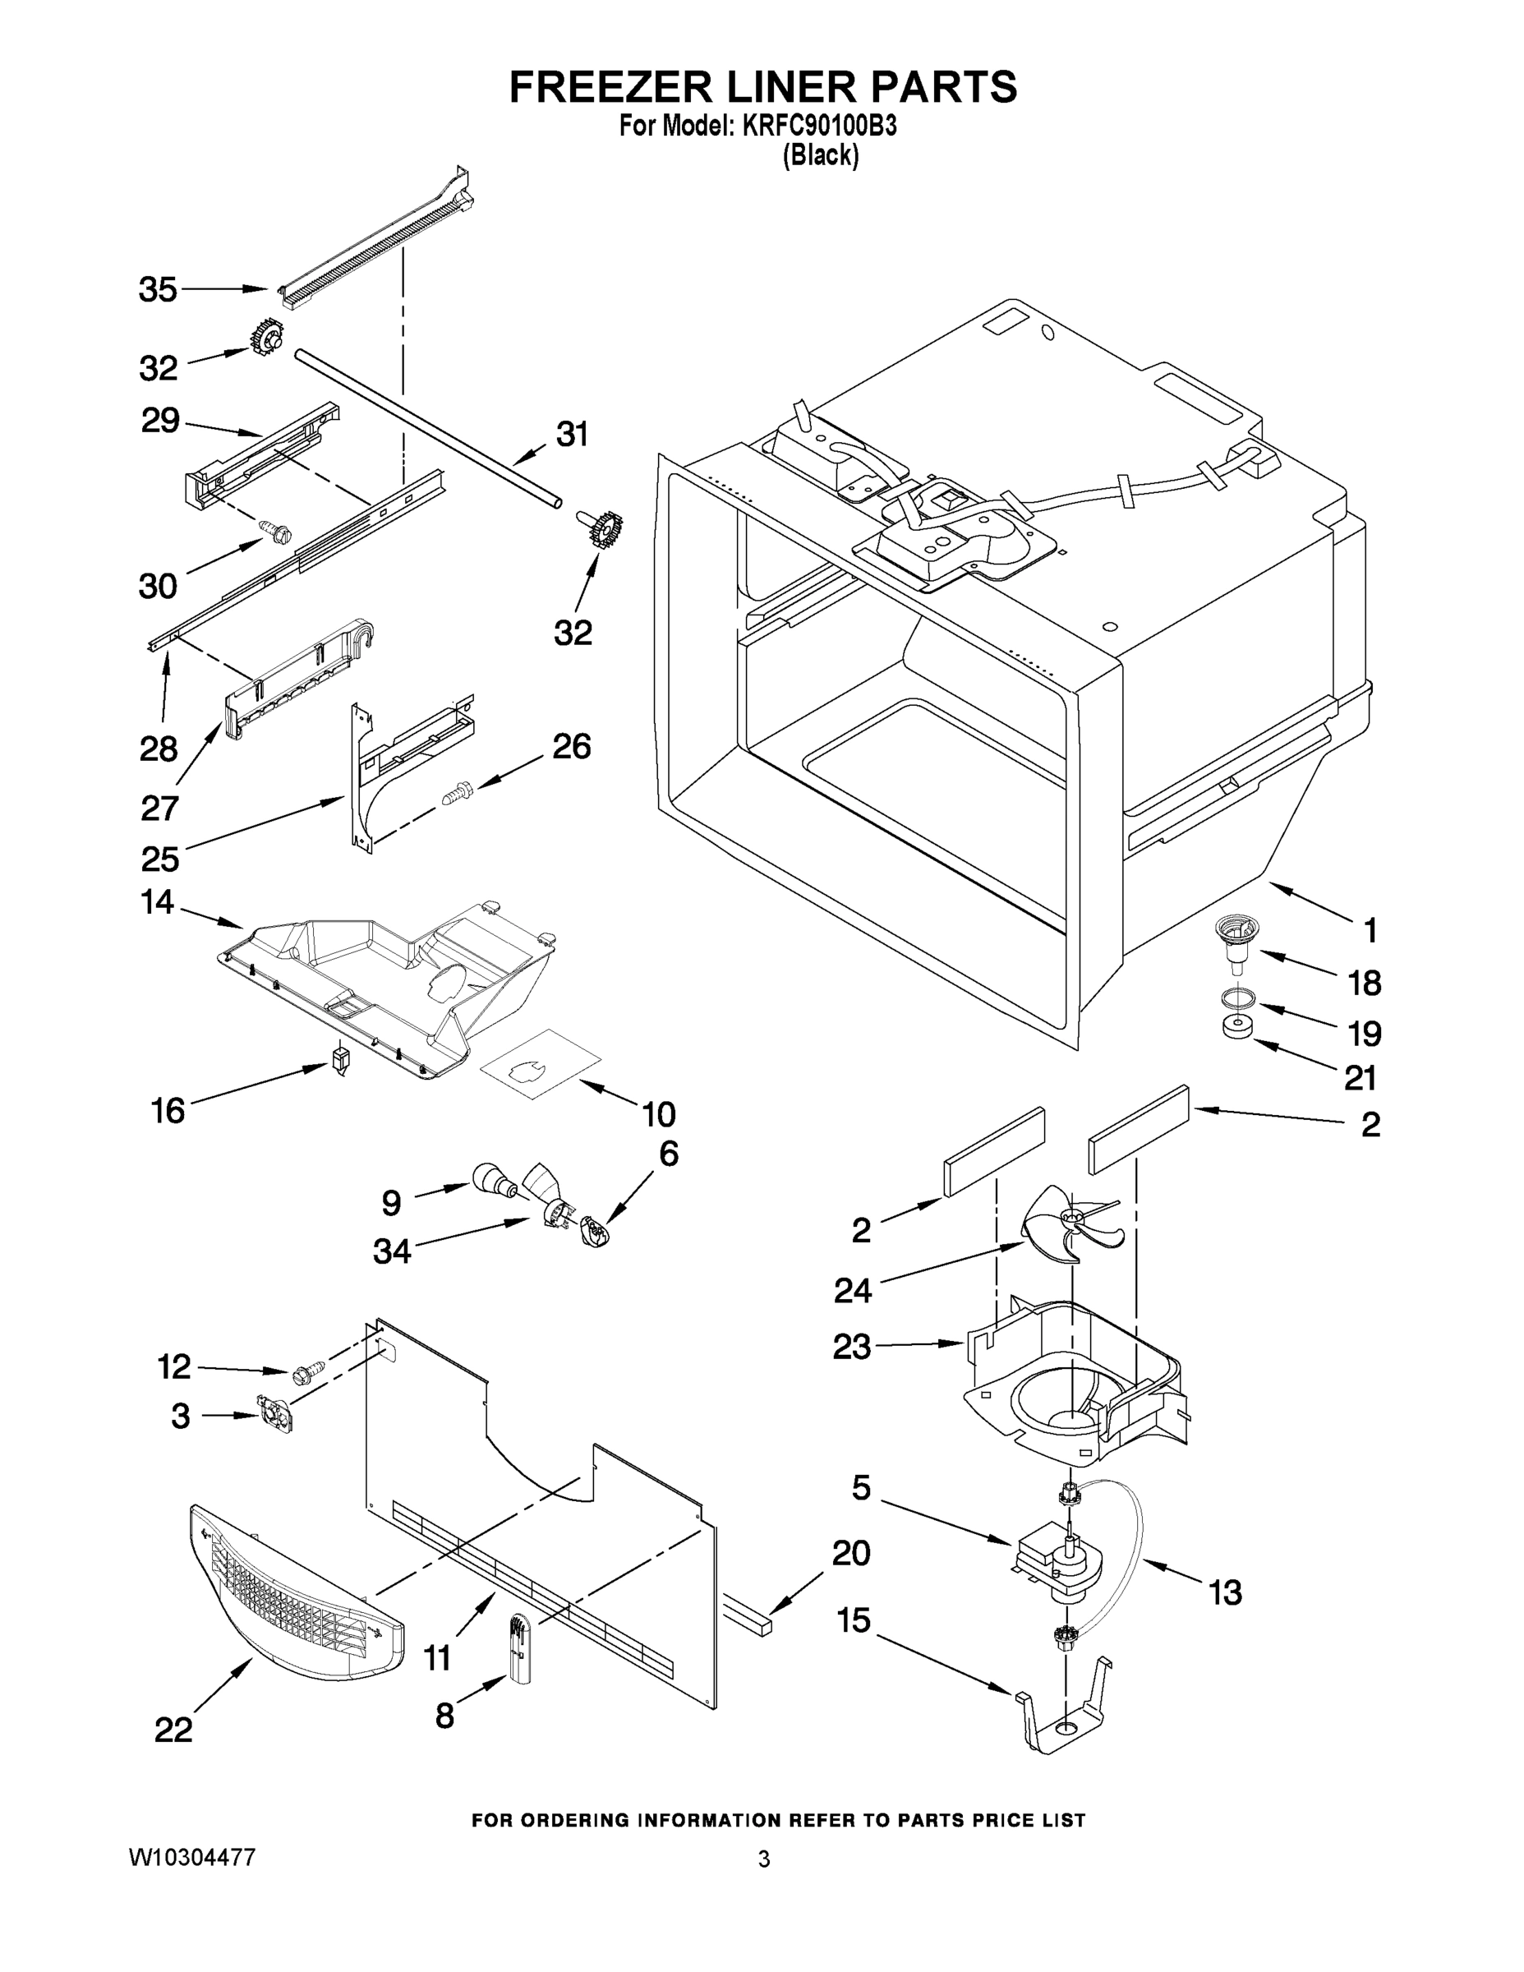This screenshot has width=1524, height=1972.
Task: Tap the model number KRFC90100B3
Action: (820, 127)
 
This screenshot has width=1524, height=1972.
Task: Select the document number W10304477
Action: (192, 1856)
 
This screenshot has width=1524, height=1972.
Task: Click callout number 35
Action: (157, 290)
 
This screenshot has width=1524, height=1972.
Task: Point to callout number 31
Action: (572, 435)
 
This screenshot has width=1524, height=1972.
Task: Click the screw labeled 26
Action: (458, 795)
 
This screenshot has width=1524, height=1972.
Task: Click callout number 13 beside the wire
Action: (1225, 1592)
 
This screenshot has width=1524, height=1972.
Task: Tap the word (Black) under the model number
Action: (820, 155)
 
